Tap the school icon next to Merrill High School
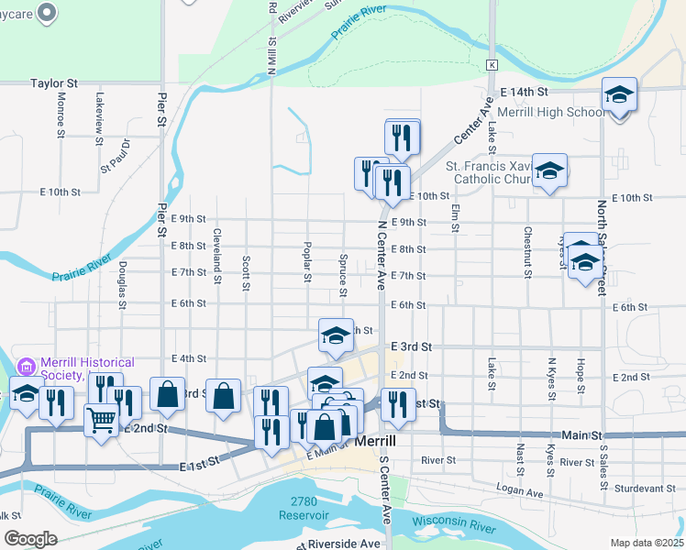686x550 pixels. (619, 94)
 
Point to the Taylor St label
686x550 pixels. (51, 82)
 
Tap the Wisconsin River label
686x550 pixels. (452, 525)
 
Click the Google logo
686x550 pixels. (31, 538)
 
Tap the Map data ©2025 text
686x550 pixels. (647, 543)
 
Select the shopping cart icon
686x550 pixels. (102, 421)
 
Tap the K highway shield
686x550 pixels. (492, 64)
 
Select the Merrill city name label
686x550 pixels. (374, 441)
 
